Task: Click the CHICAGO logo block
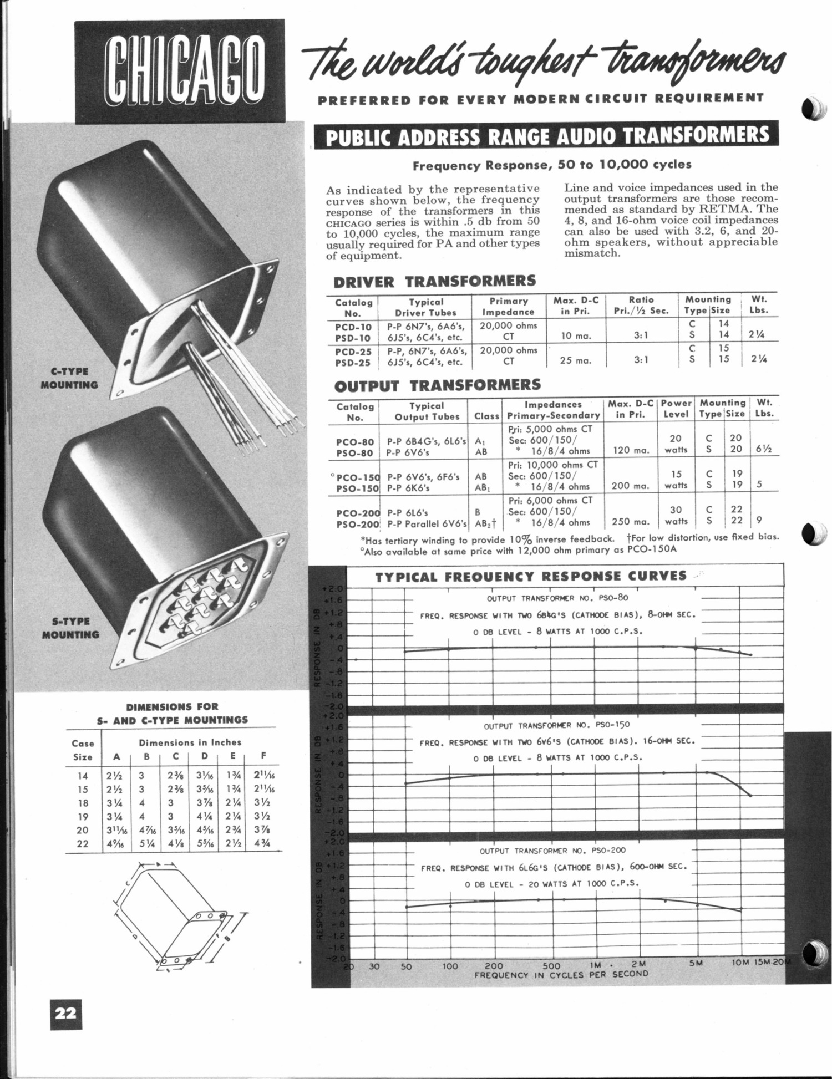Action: pos(180,70)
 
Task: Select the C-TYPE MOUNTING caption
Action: pos(69,378)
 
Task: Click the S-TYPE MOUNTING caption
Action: pos(70,628)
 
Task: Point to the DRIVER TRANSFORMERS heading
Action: pos(434,281)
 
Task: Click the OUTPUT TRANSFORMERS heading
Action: pos(437,385)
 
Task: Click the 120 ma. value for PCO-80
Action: pos(628,451)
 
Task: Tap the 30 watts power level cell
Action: pos(676,515)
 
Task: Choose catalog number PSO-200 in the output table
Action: pos(357,522)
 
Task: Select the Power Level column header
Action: pos(676,409)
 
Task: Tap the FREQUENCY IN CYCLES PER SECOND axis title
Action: pos(561,974)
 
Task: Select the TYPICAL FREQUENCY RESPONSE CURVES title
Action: pos(531,576)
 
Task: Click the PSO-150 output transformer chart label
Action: pos(557,725)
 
